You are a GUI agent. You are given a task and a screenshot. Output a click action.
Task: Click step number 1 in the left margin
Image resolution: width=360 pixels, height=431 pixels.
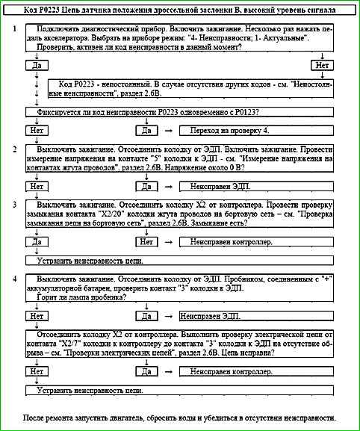tap(15, 28)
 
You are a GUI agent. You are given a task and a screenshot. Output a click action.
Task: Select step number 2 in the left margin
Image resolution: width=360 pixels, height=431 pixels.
tap(15, 149)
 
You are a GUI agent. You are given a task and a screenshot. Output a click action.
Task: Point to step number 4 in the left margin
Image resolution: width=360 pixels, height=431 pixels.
tap(15, 278)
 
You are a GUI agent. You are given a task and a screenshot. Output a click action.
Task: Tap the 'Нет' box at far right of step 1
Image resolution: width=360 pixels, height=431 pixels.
tap(322, 65)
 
